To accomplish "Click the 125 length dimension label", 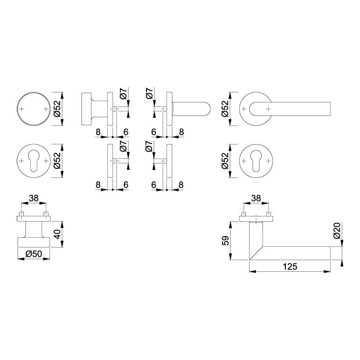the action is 290,267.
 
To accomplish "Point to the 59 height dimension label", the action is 226,241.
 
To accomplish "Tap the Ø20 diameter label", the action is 337,231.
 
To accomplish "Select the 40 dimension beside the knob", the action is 57,234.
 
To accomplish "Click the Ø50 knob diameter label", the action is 34,254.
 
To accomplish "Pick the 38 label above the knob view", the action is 34,198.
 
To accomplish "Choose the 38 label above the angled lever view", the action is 256,198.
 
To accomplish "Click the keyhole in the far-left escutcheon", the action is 34,160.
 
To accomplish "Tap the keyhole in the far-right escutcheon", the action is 256,160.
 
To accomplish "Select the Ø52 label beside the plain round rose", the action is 57,109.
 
